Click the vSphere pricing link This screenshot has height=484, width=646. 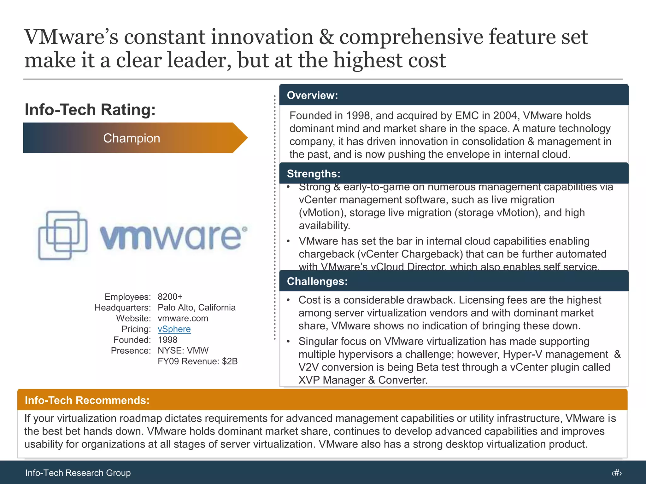[x=174, y=329]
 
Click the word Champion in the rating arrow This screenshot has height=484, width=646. [x=132, y=138]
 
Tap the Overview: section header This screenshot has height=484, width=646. [x=312, y=95]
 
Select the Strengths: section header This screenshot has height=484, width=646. [x=314, y=174]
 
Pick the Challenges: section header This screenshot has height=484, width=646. [x=317, y=281]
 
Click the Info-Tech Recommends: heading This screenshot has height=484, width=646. [x=87, y=400]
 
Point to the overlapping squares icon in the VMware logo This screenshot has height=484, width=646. [x=63, y=235]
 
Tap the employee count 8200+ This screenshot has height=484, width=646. [x=170, y=297]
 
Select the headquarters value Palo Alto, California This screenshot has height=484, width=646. [x=197, y=308]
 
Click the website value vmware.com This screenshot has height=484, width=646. [x=183, y=318]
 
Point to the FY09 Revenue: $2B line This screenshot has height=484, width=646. [x=197, y=361]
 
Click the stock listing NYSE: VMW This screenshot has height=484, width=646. [x=183, y=350]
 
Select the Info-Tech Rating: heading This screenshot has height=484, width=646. [x=90, y=110]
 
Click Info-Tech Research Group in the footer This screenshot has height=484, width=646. [x=78, y=473]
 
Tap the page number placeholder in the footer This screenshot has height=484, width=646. [x=616, y=473]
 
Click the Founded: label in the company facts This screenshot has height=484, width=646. [x=132, y=340]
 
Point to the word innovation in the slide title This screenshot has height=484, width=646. [x=262, y=37]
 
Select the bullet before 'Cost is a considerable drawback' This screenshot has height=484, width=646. [x=288, y=300]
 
